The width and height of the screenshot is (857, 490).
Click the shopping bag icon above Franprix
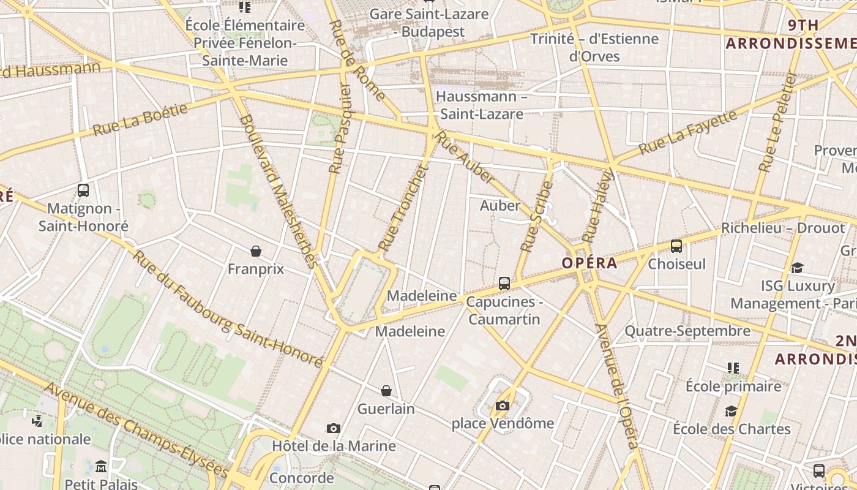[x=256, y=251]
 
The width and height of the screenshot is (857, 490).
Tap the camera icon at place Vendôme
[x=503, y=405]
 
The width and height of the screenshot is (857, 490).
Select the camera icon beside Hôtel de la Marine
[x=334, y=428]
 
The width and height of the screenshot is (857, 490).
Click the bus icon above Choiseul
[x=676, y=246]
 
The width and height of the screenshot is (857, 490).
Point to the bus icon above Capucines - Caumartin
[x=504, y=284]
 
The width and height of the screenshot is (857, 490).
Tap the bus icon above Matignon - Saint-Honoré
[x=83, y=190]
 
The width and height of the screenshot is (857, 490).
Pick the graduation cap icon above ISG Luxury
[x=797, y=268]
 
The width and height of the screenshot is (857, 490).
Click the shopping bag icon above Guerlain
[x=386, y=391]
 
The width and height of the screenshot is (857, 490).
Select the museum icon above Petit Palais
[x=101, y=467]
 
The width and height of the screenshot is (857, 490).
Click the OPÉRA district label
[x=589, y=263]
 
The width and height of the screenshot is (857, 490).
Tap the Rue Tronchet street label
[x=402, y=208]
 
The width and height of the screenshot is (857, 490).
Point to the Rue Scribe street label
[x=537, y=216]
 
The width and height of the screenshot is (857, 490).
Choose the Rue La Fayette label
[x=688, y=132]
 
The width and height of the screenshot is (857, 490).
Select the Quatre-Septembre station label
[x=687, y=331]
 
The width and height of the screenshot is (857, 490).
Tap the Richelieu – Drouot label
[x=782, y=228]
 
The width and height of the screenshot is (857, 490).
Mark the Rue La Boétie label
[x=140, y=119]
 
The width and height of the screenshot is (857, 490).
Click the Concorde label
[x=302, y=478]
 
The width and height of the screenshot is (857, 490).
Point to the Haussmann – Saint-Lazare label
[x=482, y=105]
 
